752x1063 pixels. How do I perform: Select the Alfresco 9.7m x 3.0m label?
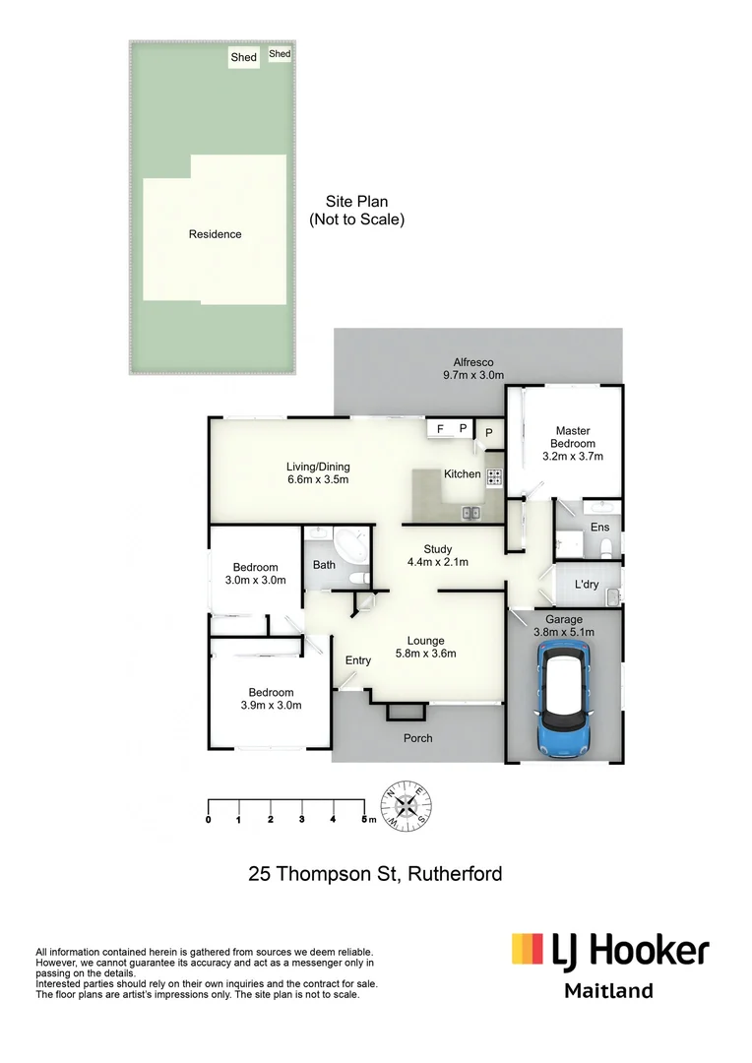tap(472, 368)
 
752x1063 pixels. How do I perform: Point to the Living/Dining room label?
tap(317, 473)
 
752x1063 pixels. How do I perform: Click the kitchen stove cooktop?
tap(494, 477)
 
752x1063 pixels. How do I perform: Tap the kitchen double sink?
tap(470, 512)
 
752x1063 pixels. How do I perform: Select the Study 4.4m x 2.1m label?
tap(437, 555)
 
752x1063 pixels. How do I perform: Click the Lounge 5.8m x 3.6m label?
tap(424, 647)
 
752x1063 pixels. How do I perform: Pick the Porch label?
tap(417, 738)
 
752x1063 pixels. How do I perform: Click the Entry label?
tap(357, 660)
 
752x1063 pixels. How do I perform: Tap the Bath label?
tap(324, 565)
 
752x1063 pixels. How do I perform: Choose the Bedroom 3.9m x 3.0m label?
tap(270, 699)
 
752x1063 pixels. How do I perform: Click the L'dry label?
tap(586, 585)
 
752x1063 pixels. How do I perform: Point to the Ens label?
tap(599, 528)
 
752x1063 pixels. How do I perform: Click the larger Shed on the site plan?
tap(243, 57)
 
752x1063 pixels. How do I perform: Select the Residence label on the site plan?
tap(215, 234)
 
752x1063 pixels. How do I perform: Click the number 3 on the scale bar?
tap(301, 819)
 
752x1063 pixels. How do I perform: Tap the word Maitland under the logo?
tap(607, 991)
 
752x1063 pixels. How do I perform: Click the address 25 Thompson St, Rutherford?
tap(375, 873)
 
